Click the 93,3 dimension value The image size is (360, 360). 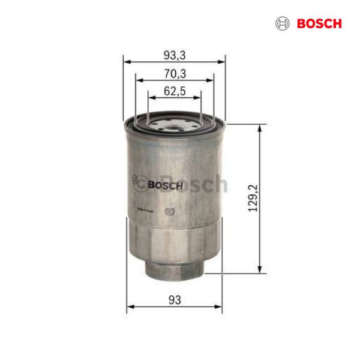174,55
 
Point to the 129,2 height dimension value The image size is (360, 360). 253,198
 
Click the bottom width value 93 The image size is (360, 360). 174,299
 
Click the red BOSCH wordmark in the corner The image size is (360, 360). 318,24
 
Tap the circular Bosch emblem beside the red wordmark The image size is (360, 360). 282,24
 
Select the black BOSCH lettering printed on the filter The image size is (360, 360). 164,185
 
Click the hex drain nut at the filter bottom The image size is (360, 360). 174,267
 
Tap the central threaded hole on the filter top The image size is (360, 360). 174,125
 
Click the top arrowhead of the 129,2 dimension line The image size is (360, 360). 259,128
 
